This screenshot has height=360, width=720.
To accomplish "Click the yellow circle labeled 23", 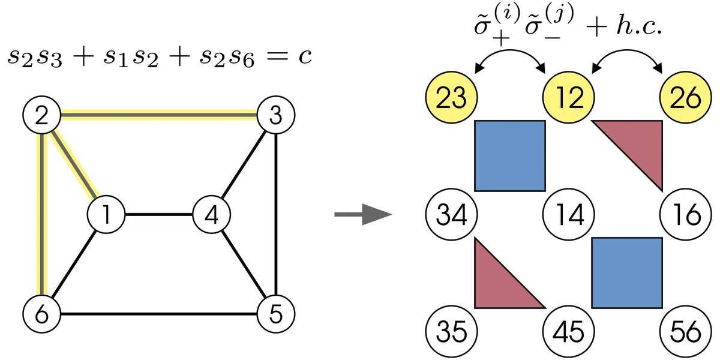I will coord(449,98).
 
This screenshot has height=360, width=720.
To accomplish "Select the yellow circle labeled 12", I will coord(568,98).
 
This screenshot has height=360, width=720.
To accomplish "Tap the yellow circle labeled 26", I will coord(685,98).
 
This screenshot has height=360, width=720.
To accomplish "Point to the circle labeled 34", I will coord(449,215).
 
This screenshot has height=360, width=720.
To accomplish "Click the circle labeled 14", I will coord(568,215).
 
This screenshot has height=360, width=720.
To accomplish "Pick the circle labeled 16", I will coord(685,215).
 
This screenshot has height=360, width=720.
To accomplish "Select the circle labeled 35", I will coord(449,332).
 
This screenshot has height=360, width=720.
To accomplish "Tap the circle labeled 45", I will coord(568,332).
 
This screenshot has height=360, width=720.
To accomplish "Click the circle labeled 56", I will coord(685,332).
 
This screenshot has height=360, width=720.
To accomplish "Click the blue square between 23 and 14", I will coord(509,155).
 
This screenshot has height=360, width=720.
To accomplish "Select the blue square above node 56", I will coord(627,273).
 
